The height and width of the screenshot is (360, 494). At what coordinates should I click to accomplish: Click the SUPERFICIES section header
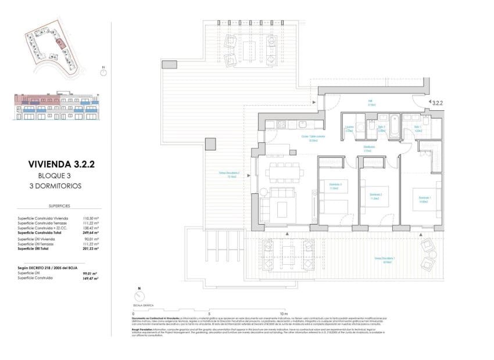[59, 206]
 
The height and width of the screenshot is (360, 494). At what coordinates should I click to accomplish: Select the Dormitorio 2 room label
[376, 196]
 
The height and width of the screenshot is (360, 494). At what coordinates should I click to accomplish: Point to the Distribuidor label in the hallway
[369, 147]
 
